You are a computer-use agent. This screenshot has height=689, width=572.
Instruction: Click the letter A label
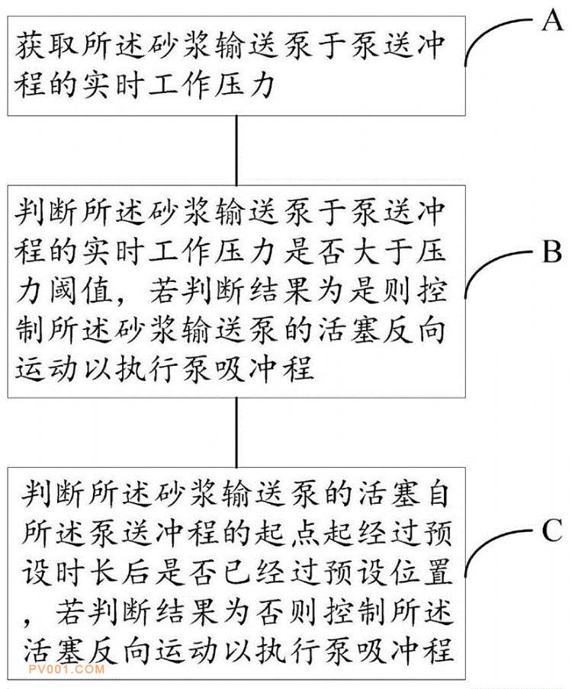(x=551, y=21)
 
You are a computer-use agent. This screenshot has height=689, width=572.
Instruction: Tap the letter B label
(x=551, y=252)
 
